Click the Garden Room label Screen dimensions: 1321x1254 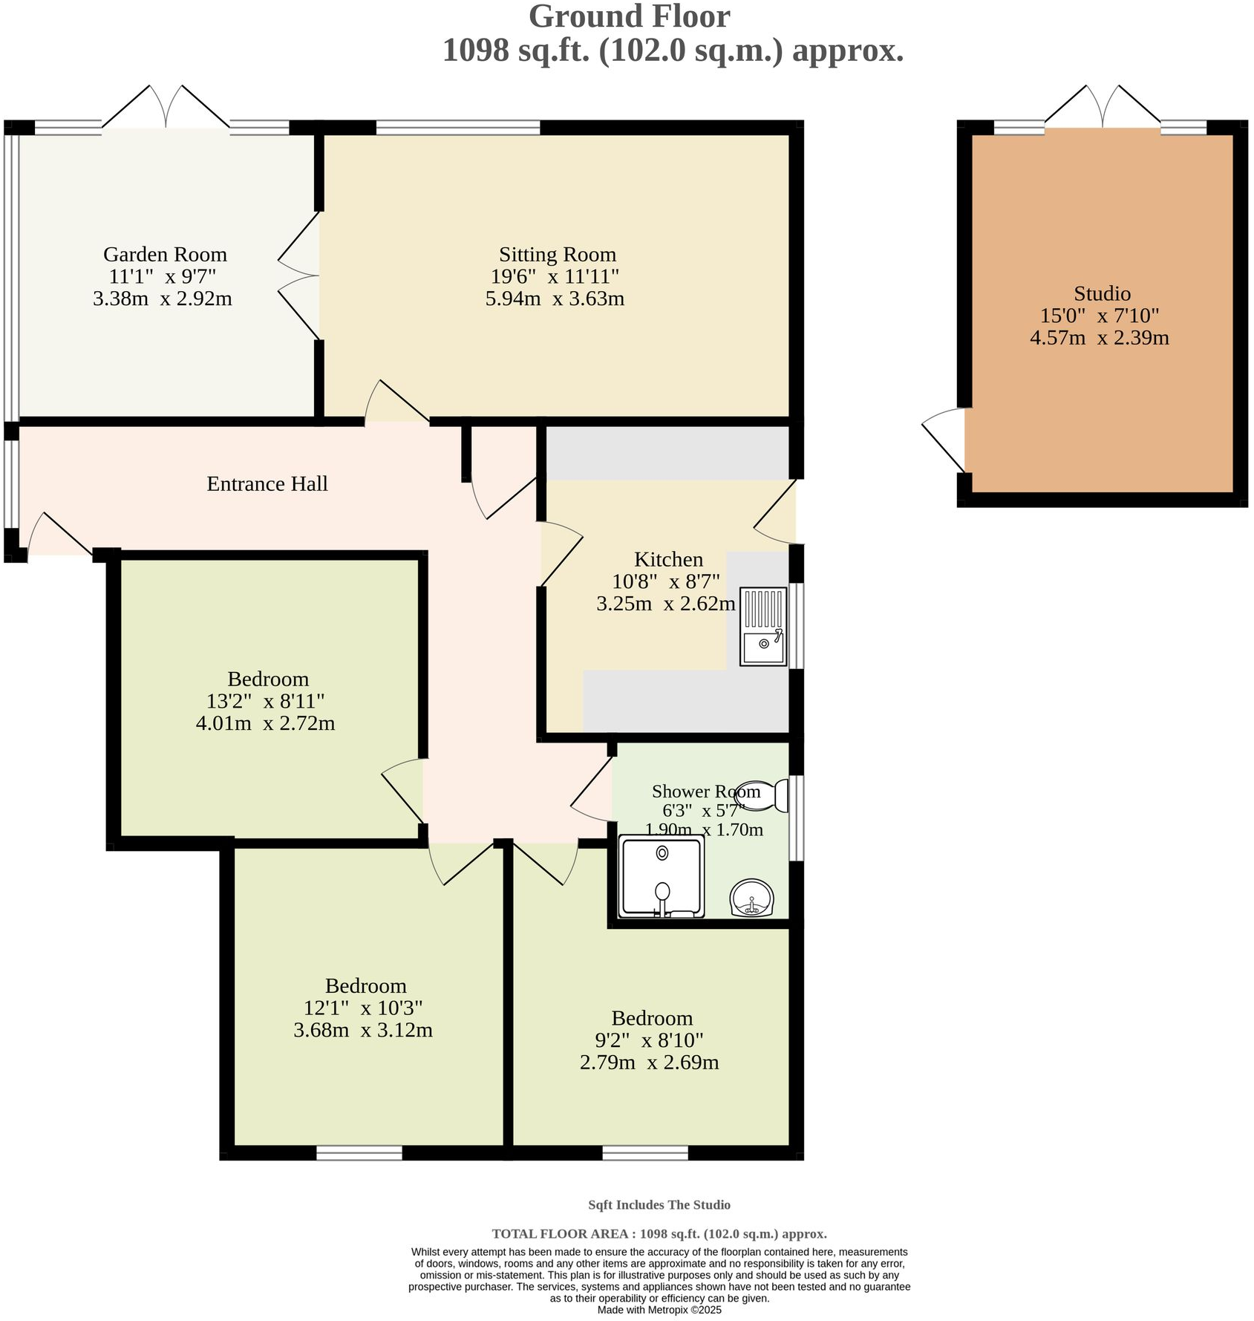point(165,255)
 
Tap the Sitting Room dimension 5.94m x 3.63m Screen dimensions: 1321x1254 point(554,299)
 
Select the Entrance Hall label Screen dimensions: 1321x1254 point(267,484)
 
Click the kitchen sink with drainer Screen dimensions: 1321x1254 point(763,626)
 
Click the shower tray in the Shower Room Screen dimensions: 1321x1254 point(662,876)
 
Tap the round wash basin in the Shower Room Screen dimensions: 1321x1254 point(752,898)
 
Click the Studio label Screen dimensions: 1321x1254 point(1102,293)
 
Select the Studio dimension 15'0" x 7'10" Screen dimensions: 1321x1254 point(1100,316)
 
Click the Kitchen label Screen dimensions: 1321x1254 point(668,559)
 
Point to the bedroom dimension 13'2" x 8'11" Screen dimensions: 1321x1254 point(266,701)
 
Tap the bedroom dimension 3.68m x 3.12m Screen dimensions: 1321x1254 point(363,1031)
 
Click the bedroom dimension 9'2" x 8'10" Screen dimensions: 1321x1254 point(650,1040)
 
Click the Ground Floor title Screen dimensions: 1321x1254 point(629,16)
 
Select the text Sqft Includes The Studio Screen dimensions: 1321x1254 point(659,1204)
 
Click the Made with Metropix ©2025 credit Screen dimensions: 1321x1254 point(659,1310)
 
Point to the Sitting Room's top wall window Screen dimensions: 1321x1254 point(458,128)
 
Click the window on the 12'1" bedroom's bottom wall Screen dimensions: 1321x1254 point(359,1152)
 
